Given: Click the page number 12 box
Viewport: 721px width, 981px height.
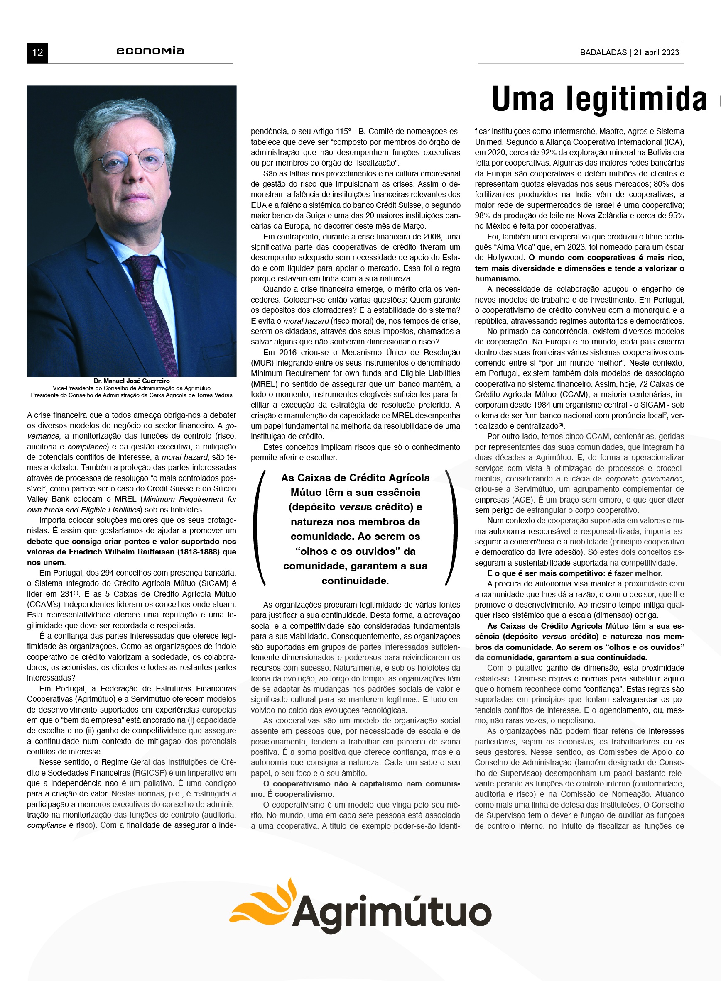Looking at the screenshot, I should tap(37, 53).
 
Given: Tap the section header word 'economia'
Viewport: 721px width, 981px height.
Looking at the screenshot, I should tap(150, 51).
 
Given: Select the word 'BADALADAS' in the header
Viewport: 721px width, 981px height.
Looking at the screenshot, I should tap(603, 52).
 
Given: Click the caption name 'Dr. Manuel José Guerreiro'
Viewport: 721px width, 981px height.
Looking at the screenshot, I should tap(131, 381).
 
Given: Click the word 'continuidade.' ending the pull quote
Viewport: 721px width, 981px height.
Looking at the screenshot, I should tap(355, 581).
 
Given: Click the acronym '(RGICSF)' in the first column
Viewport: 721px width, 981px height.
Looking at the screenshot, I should tap(135, 773).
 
